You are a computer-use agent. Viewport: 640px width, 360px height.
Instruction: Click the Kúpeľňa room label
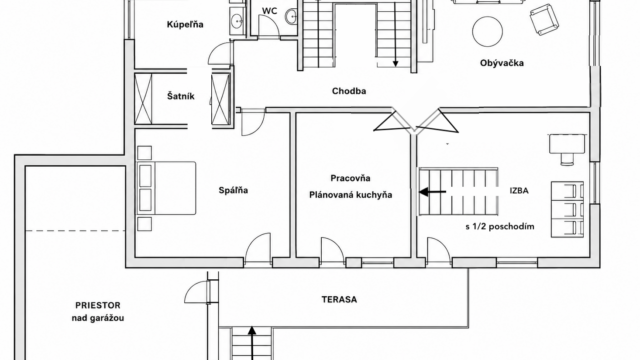185,25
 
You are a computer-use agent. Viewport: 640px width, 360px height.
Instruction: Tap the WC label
269,11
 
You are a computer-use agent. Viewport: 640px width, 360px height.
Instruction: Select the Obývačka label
502,63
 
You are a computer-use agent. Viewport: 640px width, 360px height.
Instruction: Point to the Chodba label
349,91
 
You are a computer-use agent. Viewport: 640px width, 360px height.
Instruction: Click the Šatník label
180,96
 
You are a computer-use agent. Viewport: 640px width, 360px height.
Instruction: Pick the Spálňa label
233,190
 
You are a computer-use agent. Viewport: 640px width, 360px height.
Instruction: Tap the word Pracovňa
350,178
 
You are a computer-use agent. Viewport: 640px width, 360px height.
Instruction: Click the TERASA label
339,299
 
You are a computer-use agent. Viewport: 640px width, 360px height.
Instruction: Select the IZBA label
519,190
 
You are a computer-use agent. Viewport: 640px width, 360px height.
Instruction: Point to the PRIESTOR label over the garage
98,305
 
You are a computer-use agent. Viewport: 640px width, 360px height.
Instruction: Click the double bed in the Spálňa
166,188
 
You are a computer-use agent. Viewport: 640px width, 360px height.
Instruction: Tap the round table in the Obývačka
487,31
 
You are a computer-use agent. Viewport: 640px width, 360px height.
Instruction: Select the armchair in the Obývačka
544,19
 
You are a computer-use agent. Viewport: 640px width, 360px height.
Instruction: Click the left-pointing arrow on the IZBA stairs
432,191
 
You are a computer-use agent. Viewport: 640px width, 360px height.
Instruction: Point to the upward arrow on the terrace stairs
252,343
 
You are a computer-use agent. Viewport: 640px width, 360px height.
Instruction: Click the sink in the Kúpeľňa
237,20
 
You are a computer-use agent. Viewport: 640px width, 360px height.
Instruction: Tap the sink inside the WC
291,17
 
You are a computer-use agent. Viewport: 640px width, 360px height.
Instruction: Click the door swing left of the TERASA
196,291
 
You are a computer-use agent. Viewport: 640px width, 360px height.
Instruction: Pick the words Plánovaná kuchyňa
351,195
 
